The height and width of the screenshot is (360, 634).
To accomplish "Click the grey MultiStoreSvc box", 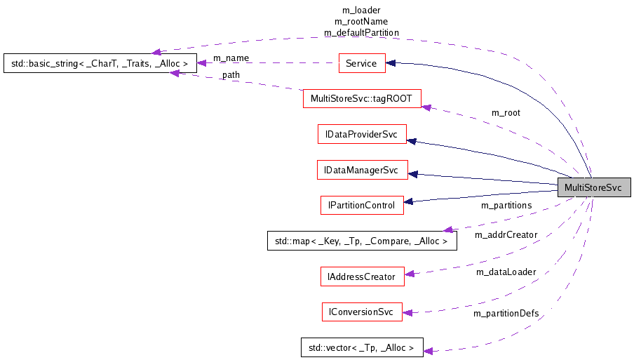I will coord(593,187).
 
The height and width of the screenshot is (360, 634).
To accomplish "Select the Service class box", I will coord(361,63).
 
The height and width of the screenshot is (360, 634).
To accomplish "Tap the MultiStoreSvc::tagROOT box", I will coord(362,98).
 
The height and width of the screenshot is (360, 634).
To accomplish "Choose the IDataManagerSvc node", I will coord(362,170).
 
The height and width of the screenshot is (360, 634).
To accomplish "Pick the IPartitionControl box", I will coord(362,206).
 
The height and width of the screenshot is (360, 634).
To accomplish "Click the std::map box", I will coord(362,241).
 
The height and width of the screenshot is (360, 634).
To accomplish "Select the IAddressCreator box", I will coord(362,276).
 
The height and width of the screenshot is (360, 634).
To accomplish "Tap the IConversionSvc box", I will coord(362,312).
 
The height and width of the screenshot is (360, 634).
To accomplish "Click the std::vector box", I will coord(362,347).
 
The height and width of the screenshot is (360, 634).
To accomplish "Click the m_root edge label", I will coord(506,112).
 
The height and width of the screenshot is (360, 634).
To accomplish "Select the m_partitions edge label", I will coord(506,206).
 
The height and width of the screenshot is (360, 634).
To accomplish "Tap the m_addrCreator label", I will coord(506,234).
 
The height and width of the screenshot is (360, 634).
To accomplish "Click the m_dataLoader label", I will coord(506,272).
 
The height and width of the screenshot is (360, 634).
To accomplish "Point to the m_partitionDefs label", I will coord(506,313).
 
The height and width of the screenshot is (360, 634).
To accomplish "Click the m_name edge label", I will coord(231,58).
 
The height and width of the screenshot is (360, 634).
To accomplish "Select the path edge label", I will coord(230,75).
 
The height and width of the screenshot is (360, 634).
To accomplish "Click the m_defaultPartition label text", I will coord(361,32).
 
